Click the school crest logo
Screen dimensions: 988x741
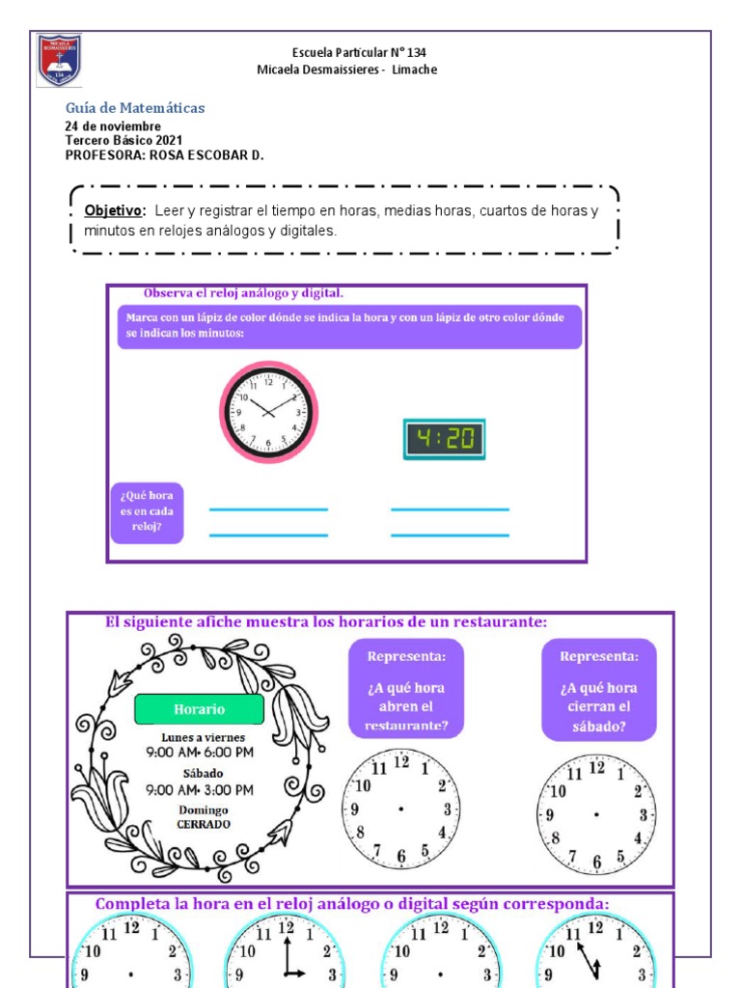coord(59,60)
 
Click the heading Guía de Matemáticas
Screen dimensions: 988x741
coord(134,108)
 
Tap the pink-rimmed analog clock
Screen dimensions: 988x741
coord(267,412)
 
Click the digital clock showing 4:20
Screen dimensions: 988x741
coord(444,440)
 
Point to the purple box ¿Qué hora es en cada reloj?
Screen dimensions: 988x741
coord(147,512)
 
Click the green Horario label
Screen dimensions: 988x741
coord(199,709)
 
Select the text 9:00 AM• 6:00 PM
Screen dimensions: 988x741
coord(200,752)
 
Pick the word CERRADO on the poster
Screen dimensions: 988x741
coord(203,825)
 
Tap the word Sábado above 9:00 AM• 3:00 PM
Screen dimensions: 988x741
coord(203,773)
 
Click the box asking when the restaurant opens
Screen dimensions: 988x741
coord(405,690)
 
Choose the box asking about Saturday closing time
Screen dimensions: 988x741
coord(598,690)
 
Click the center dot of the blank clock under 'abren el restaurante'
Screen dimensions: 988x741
coord(400,809)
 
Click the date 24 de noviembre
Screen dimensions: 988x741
coord(113,126)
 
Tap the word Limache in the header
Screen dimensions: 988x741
coord(415,70)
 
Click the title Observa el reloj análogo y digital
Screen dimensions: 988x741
coord(243,292)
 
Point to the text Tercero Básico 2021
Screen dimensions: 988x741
coord(123,140)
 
